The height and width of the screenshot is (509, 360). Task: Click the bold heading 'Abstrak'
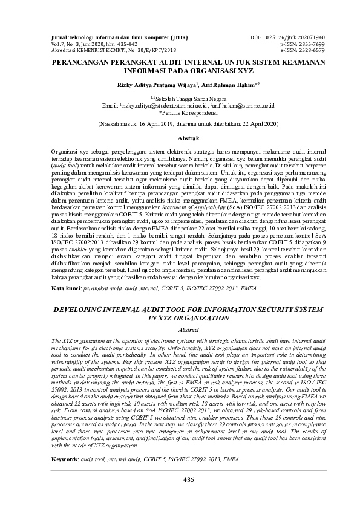tap(180, 138)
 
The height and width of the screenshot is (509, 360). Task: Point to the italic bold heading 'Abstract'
tap(180, 330)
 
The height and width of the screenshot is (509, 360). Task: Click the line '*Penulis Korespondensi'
tap(180, 112)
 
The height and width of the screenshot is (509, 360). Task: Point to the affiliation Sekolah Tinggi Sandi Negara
tap(183, 98)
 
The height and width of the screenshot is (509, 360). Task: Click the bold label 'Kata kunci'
tap(65, 289)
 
